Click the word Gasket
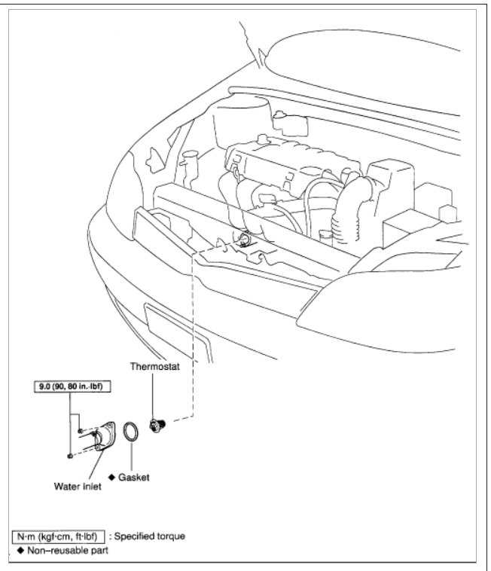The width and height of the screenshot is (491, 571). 138,476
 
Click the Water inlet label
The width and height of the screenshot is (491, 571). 78,486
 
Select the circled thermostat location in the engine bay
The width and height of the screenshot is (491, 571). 245,240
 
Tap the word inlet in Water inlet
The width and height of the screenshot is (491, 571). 93,486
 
